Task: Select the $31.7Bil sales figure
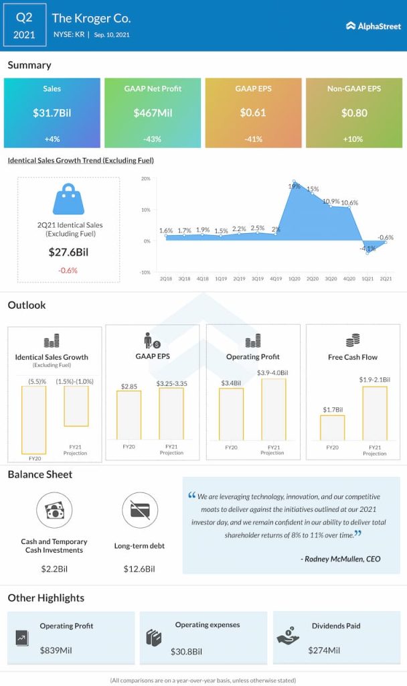click(x=52, y=113)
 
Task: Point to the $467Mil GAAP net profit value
click(x=153, y=113)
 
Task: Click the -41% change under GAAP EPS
click(x=253, y=139)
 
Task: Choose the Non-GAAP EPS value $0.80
click(x=354, y=113)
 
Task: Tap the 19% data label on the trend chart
click(x=294, y=186)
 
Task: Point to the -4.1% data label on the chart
click(x=367, y=249)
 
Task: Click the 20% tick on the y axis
click(x=145, y=179)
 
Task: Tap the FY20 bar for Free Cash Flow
click(x=333, y=427)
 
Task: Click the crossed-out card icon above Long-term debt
click(x=140, y=510)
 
